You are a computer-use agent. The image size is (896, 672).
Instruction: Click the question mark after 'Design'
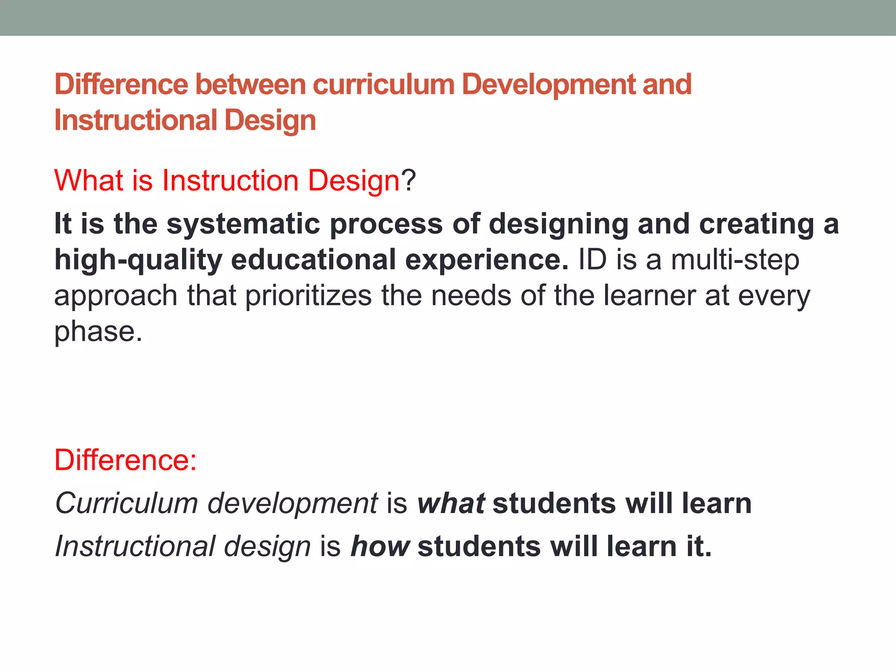[x=409, y=180]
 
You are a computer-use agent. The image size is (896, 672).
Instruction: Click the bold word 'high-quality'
[x=138, y=260]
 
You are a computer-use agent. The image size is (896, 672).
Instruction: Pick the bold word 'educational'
[x=313, y=260]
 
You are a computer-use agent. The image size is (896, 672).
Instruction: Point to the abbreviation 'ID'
[x=592, y=260]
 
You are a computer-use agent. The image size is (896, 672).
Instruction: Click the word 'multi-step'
[x=735, y=260]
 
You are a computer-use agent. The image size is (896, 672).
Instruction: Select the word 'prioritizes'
[x=308, y=296]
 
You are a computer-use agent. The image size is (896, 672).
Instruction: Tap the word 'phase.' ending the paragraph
[x=98, y=332]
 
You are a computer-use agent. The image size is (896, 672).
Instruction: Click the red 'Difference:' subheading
[x=126, y=460]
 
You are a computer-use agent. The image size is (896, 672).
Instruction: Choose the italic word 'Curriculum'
[x=126, y=503]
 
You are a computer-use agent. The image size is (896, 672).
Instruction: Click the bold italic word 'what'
[x=451, y=503]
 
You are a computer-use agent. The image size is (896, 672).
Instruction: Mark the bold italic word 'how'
[x=380, y=546]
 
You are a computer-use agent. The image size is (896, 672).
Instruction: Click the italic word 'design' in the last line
[x=267, y=546]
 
